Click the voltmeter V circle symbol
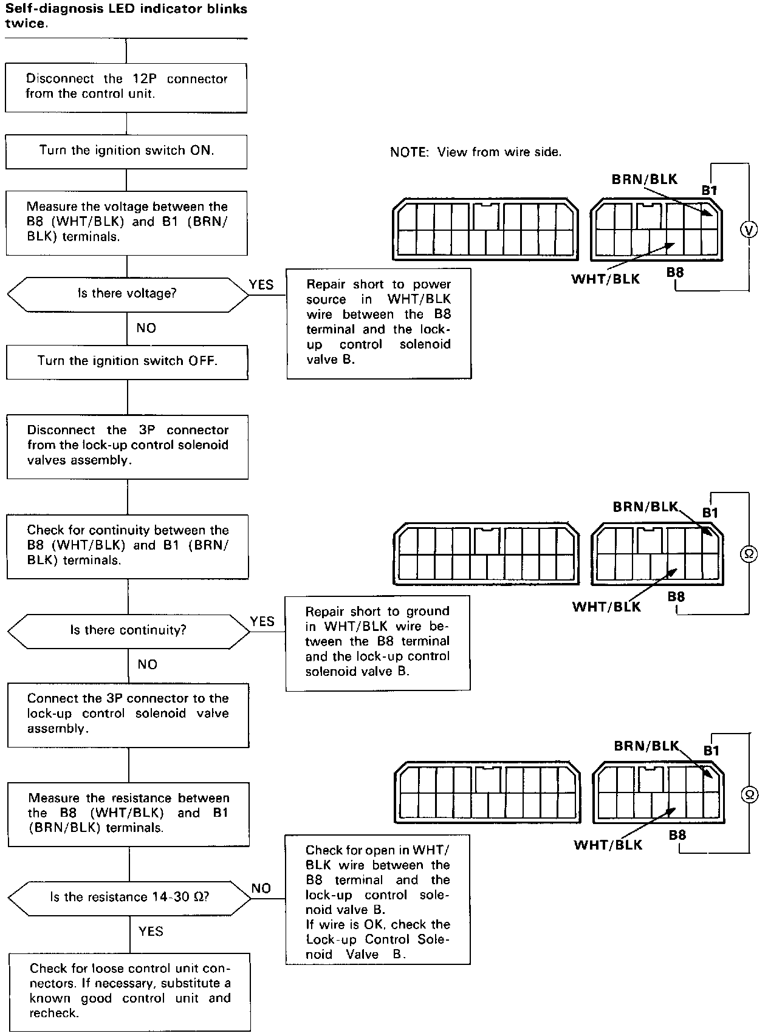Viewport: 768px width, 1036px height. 749,230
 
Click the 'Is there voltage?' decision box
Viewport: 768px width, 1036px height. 128,294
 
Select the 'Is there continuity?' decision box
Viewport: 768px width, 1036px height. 128,630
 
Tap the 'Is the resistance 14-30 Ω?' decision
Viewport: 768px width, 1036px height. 129,897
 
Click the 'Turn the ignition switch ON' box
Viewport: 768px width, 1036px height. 126,151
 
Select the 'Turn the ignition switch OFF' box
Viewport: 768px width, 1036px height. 127,361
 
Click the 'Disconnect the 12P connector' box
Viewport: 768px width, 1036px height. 126,87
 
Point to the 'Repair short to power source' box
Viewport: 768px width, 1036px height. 379,322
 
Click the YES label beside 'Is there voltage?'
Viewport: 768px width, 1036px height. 261,285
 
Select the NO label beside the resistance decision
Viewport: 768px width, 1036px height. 261,888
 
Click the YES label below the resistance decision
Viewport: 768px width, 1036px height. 151,931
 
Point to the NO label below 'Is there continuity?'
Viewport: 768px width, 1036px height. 147,664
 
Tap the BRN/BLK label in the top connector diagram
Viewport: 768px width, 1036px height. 644,179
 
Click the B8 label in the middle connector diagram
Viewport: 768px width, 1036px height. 676,597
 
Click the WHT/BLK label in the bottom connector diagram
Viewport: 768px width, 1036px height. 608,845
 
